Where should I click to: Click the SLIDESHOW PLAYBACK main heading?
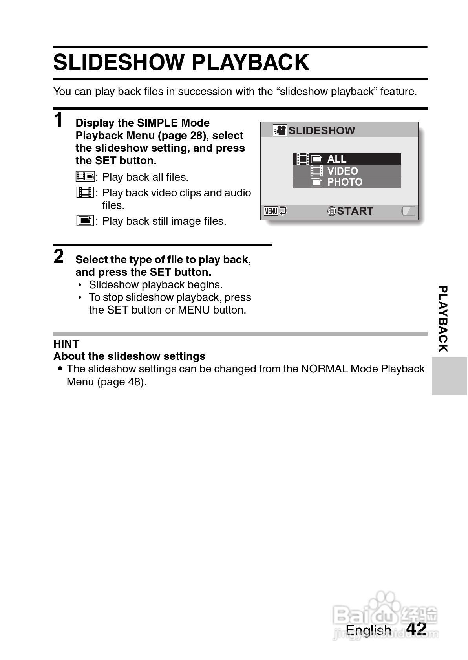[x=181, y=62]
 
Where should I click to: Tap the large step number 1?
[x=58, y=120]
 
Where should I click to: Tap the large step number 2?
[x=58, y=257]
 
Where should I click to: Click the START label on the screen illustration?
[x=355, y=211]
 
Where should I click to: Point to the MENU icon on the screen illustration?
[x=271, y=211]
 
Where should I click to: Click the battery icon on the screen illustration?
[x=408, y=211]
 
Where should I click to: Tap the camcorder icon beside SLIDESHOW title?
[x=280, y=130]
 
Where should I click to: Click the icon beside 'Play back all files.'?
[x=85, y=177]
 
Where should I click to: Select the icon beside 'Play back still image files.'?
[x=85, y=221]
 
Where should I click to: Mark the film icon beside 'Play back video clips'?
[x=85, y=192]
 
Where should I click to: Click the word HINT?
[x=66, y=344]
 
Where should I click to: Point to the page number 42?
[x=417, y=629]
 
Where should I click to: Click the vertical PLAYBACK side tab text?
[x=442, y=319]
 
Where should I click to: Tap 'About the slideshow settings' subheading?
[x=129, y=356]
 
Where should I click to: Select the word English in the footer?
[x=368, y=630]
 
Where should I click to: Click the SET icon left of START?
[x=331, y=211]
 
